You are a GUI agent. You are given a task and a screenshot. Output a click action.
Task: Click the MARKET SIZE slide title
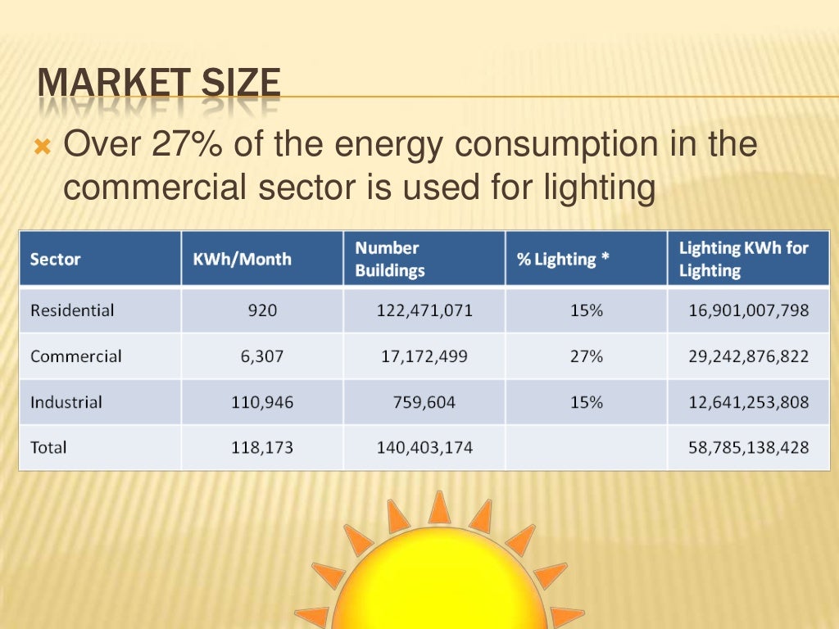point(159,84)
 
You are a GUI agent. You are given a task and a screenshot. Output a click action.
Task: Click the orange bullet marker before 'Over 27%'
point(43,150)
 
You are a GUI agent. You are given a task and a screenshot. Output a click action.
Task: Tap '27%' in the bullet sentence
point(188,145)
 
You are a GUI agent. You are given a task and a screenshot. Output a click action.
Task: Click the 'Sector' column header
point(55,260)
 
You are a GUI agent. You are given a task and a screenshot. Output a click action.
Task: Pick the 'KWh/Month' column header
point(242,260)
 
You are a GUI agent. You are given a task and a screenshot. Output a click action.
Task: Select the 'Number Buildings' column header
point(390,259)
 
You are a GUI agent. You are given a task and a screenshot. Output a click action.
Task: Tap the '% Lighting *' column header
point(562,260)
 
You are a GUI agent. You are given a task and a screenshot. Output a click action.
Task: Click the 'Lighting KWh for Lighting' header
point(743,259)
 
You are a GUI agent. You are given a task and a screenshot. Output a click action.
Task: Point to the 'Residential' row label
point(72,310)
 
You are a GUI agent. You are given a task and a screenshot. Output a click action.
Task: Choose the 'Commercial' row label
point(75,356)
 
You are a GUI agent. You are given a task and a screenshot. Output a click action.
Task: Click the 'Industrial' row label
point(66,402)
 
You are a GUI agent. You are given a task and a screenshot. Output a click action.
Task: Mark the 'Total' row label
point(48,448)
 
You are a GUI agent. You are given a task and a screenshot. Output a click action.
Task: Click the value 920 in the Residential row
point(263,310)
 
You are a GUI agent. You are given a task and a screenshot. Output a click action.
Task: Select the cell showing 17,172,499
point(424,356)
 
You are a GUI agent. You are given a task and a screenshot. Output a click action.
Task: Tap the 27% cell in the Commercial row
point(587,356)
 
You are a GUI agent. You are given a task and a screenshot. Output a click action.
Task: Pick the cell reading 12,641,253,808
point(749,402)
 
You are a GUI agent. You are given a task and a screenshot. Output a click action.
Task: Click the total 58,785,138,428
point(749,448)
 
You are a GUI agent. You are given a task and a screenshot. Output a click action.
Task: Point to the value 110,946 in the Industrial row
point(263,402)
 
